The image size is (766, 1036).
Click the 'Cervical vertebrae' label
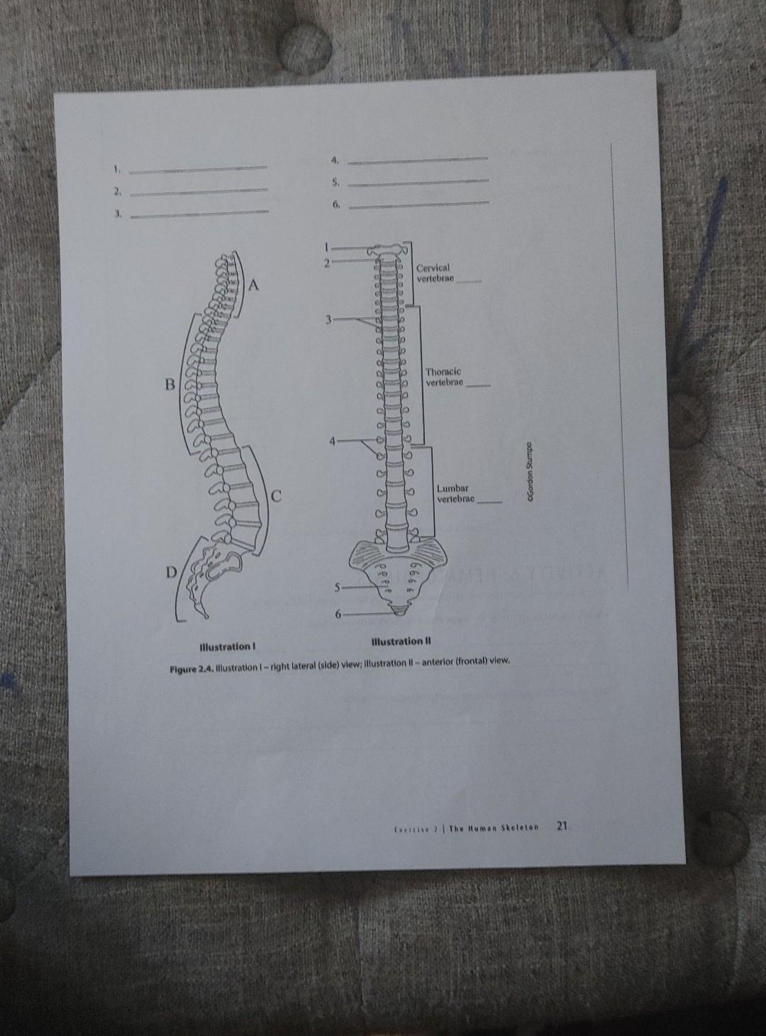(435, 273)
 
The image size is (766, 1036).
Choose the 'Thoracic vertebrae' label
(444, 377)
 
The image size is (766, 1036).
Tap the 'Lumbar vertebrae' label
(455, 494)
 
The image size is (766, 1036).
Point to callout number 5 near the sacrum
(338, 588)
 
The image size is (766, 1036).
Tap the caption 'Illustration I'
(227, 646)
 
